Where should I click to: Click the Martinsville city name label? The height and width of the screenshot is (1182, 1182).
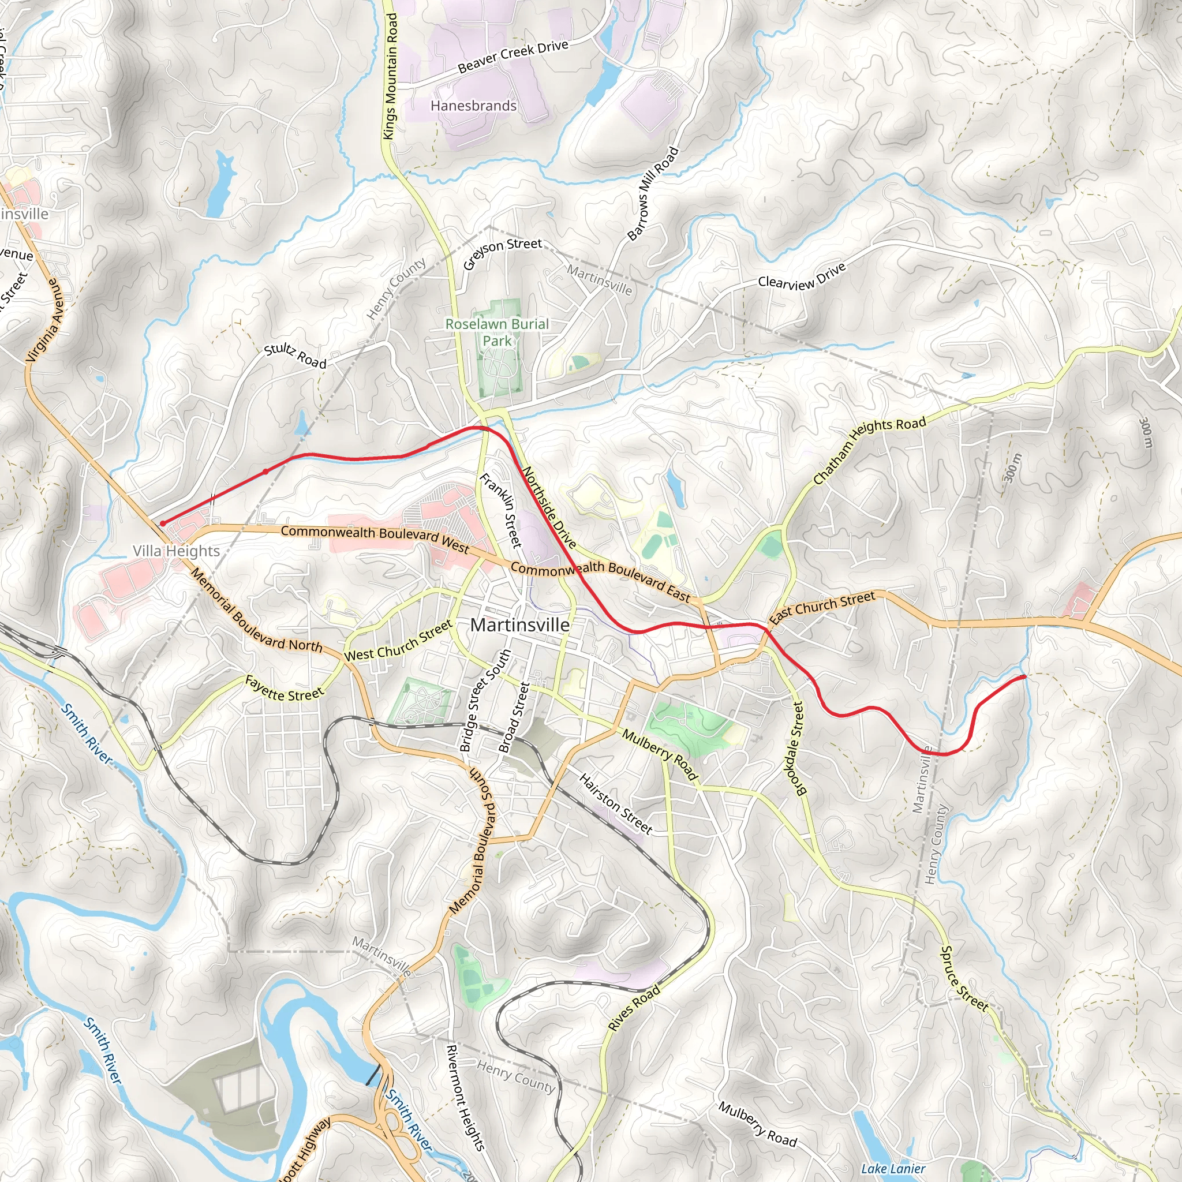520,624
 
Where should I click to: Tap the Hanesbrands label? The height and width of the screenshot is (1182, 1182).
473,106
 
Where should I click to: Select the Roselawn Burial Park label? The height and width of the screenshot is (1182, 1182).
497,332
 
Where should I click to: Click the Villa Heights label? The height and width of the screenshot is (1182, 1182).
176,551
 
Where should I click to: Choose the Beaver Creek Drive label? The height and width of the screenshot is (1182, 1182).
513,57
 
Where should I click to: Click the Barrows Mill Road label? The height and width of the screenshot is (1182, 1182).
653,193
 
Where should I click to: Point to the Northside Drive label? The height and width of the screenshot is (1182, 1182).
549,508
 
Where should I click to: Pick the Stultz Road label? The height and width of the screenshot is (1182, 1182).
295,356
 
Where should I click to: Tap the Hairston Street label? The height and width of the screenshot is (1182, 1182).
615,803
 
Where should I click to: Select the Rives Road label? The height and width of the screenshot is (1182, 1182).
634,1008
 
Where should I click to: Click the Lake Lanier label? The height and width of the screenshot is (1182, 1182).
893,1169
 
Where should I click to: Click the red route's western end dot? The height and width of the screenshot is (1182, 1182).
163,523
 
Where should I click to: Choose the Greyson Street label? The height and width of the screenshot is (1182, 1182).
502,253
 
